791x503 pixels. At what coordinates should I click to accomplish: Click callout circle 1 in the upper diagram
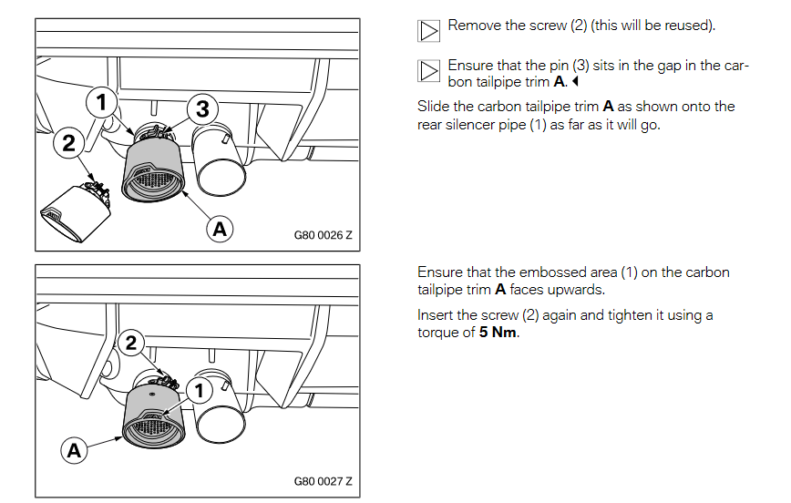tap(101, 102)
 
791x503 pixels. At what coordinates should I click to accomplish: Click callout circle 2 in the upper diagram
tap(68, 143)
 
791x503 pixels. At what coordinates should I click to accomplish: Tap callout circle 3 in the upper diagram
tap(202, 108)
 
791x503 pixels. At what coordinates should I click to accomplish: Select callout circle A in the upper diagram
tap(220, 229)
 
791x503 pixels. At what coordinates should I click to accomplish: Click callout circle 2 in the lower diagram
tap(131, 343)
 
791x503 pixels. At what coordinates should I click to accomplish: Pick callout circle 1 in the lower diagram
tap(200, 390)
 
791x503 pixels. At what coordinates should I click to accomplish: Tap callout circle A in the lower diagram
tap(74, 450)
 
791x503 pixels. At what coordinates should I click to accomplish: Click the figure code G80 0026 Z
tap(323, 235)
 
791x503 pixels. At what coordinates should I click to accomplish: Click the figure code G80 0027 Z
tap(323, 481)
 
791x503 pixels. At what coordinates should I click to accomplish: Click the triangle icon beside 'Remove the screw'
tap(428, 31)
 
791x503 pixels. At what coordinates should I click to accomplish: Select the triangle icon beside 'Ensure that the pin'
tap(428, 71)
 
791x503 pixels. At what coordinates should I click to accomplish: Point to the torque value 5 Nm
tap(498, 332)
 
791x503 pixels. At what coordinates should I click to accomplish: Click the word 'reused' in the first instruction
tap(690, 26)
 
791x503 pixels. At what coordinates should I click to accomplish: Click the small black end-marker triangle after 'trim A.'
tap(575, 81)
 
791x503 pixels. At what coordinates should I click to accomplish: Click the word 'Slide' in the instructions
tap(434, 107)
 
